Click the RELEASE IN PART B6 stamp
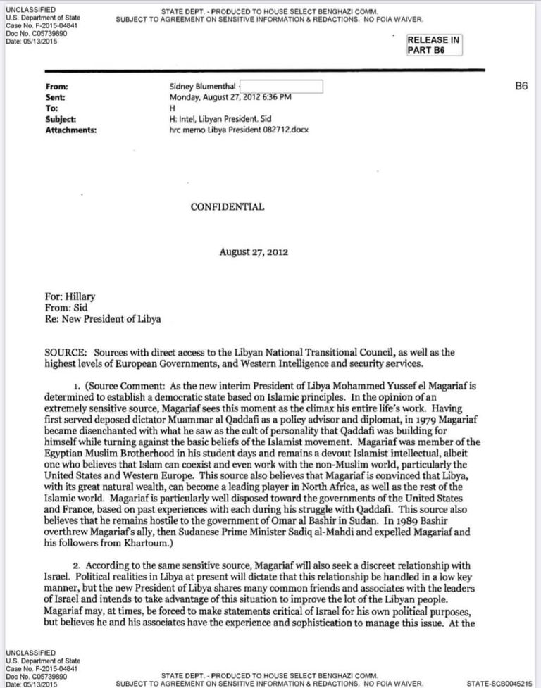click(434, 45)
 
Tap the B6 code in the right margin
click(522, 87)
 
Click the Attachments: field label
click(70, 130)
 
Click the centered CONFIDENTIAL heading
click(228, 207)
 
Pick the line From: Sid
click(66, 308)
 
